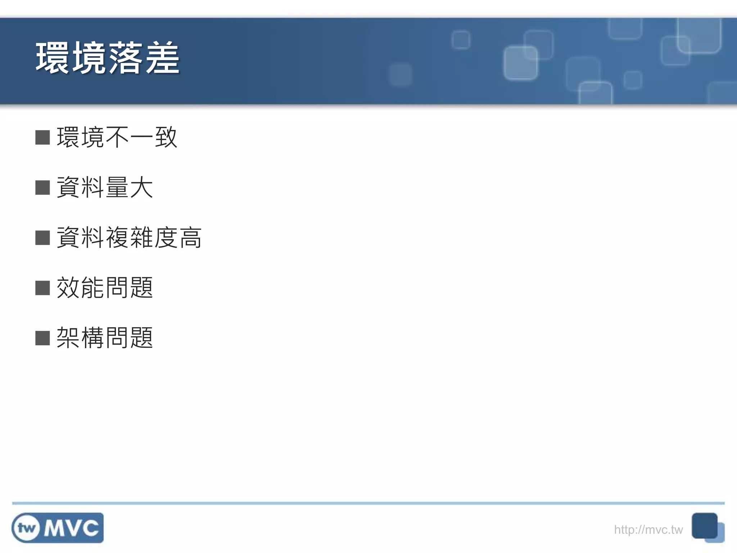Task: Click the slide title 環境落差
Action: pyautogui.click(x=107, y=58)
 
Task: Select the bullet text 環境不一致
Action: pyautogui.click(x=117, y=137)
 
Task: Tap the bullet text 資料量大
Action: pyautogui.click(x=105, y=187)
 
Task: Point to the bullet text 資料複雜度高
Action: pyautogui.click(x=129, y=238)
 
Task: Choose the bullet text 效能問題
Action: pyautogui.click(x=105, y=288)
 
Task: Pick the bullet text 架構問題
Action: pyautogui.click(x=105, y=338)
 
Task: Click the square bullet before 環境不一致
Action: pyautogui.click(x=42, y=137)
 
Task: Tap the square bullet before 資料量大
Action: pyautogui.click(x=42, y=188)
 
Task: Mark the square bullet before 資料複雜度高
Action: pyautogui.click(x=42, y=238)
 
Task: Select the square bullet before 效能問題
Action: pyautogui.click(x=42, y=288)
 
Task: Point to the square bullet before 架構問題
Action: pyautogui.click(x=42, y=338)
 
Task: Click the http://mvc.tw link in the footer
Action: pyautogui.click(x=648, y=530)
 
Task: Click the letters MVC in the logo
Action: pyautogui.click(x=71, y=528)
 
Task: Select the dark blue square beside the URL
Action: pyautogui.click(x=704, y=526)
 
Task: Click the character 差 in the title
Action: pyautogui.click(x=162, y=58)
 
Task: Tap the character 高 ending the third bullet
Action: pyautogui.click(x=191, y=238)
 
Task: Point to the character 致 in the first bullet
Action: pyautogui.click(x=166, y=137)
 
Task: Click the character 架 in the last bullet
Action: pyautogui.click(x=68, y=338)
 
